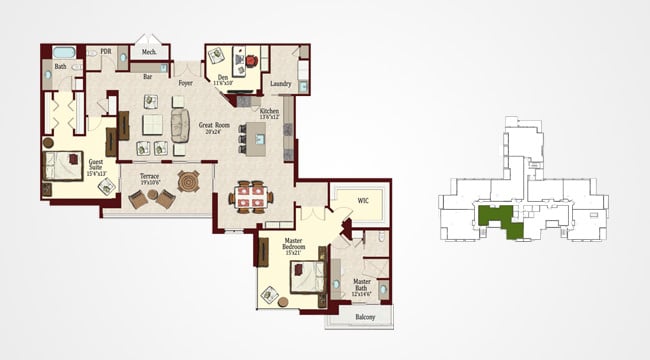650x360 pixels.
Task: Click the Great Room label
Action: pyautogui.click(x=210, y=127)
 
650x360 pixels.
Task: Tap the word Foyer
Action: pyautogui.click(x=185, y=83)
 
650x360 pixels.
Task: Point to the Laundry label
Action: pyautogui.click(x=281, y=83)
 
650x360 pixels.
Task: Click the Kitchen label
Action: pyautogui.click(x=270, y=113)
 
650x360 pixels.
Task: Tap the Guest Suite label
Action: pyautogui.click(x=96, y=166)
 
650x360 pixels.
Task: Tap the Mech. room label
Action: pyautogui.click(x=149, y=52)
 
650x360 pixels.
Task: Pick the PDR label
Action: pyautogui.click(x=105, y=50)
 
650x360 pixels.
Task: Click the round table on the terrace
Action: pyautogui.click(x=188, y=182)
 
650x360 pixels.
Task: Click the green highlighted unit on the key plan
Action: pyautogui.click(x=500, y=218)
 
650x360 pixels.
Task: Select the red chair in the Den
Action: pyautogui.click(x=252, y=60)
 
